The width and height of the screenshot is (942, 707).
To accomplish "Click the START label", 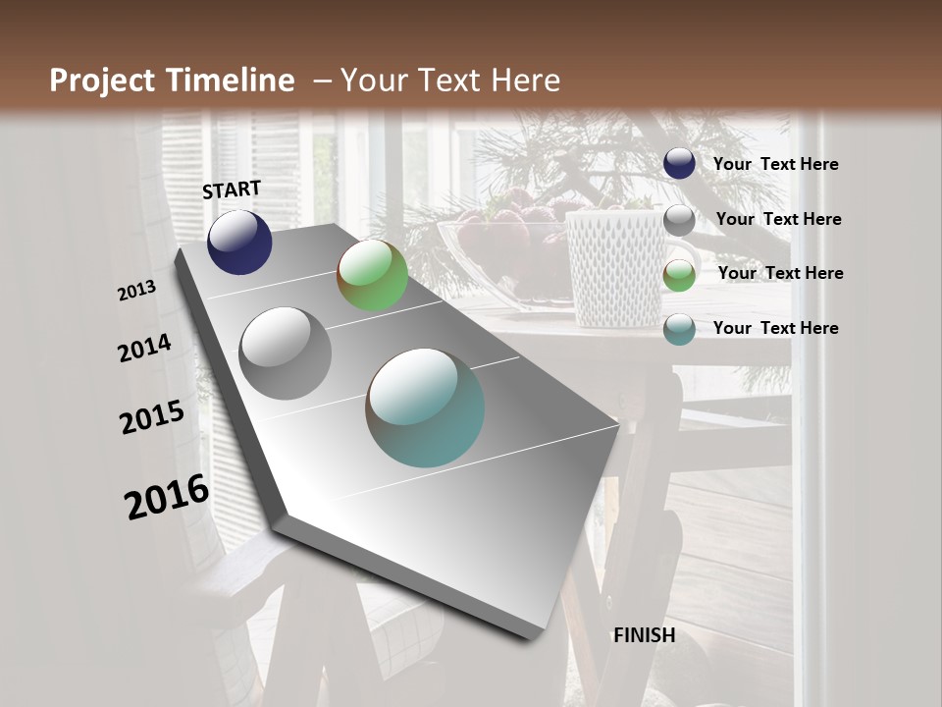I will coord(232,190).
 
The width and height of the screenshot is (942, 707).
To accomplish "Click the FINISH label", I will coord(644,635).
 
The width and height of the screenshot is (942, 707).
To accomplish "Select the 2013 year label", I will coord(137,291).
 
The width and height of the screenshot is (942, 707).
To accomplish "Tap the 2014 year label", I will coord(145,349).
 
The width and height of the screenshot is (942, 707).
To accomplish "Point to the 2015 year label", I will coord(152,417).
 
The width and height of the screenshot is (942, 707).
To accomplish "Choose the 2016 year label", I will coord(167,497).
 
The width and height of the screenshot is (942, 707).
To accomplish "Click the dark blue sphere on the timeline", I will coord(239,243).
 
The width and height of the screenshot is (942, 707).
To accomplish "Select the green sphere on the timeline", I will coord(372,275).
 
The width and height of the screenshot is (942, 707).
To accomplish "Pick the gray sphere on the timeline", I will coord(286,353).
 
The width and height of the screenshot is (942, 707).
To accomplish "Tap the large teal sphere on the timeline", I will coord(425,408).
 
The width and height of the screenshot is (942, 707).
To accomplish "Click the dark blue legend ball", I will coord(679,164).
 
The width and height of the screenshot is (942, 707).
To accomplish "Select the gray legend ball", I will coord(679,220).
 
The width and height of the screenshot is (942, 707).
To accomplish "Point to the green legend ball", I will coord(679,275).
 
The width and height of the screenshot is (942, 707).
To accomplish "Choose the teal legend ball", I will coord(679,329).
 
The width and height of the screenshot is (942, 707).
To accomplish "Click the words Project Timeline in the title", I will coord(172,81).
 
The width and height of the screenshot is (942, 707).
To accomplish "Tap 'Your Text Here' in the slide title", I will coord(449,81).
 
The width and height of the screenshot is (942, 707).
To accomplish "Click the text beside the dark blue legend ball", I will coord(775,165).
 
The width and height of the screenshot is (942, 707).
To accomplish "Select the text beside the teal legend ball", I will coord(775,328).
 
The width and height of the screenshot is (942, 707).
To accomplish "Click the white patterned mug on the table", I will coord(616,265).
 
